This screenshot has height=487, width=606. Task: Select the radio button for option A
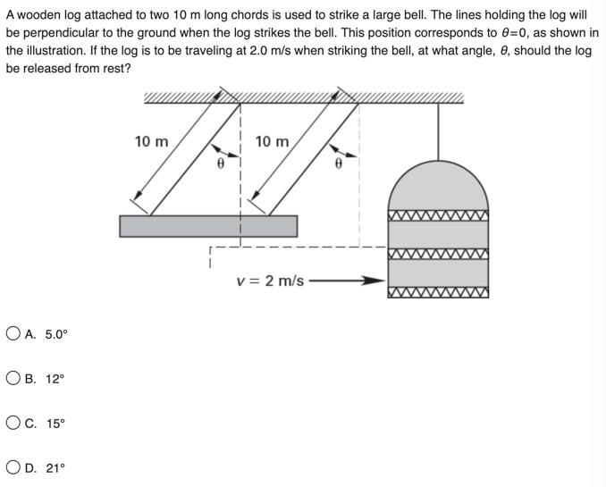[x=13, y=334]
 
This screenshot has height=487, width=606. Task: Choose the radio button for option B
[x=13, y=378]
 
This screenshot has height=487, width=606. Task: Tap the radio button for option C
[x=13, y=423]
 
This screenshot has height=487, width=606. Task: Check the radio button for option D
[x=13, y=466]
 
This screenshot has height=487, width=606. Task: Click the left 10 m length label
[x=151, y=141]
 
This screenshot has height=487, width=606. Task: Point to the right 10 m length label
[x=272, y=141]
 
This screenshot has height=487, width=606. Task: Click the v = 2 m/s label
[x=270, y=281]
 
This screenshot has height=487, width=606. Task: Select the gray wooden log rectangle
[x=208, y=226]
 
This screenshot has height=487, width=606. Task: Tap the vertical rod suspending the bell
[x=438, y=130]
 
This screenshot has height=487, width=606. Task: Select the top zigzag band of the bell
[x=438, y=215]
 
